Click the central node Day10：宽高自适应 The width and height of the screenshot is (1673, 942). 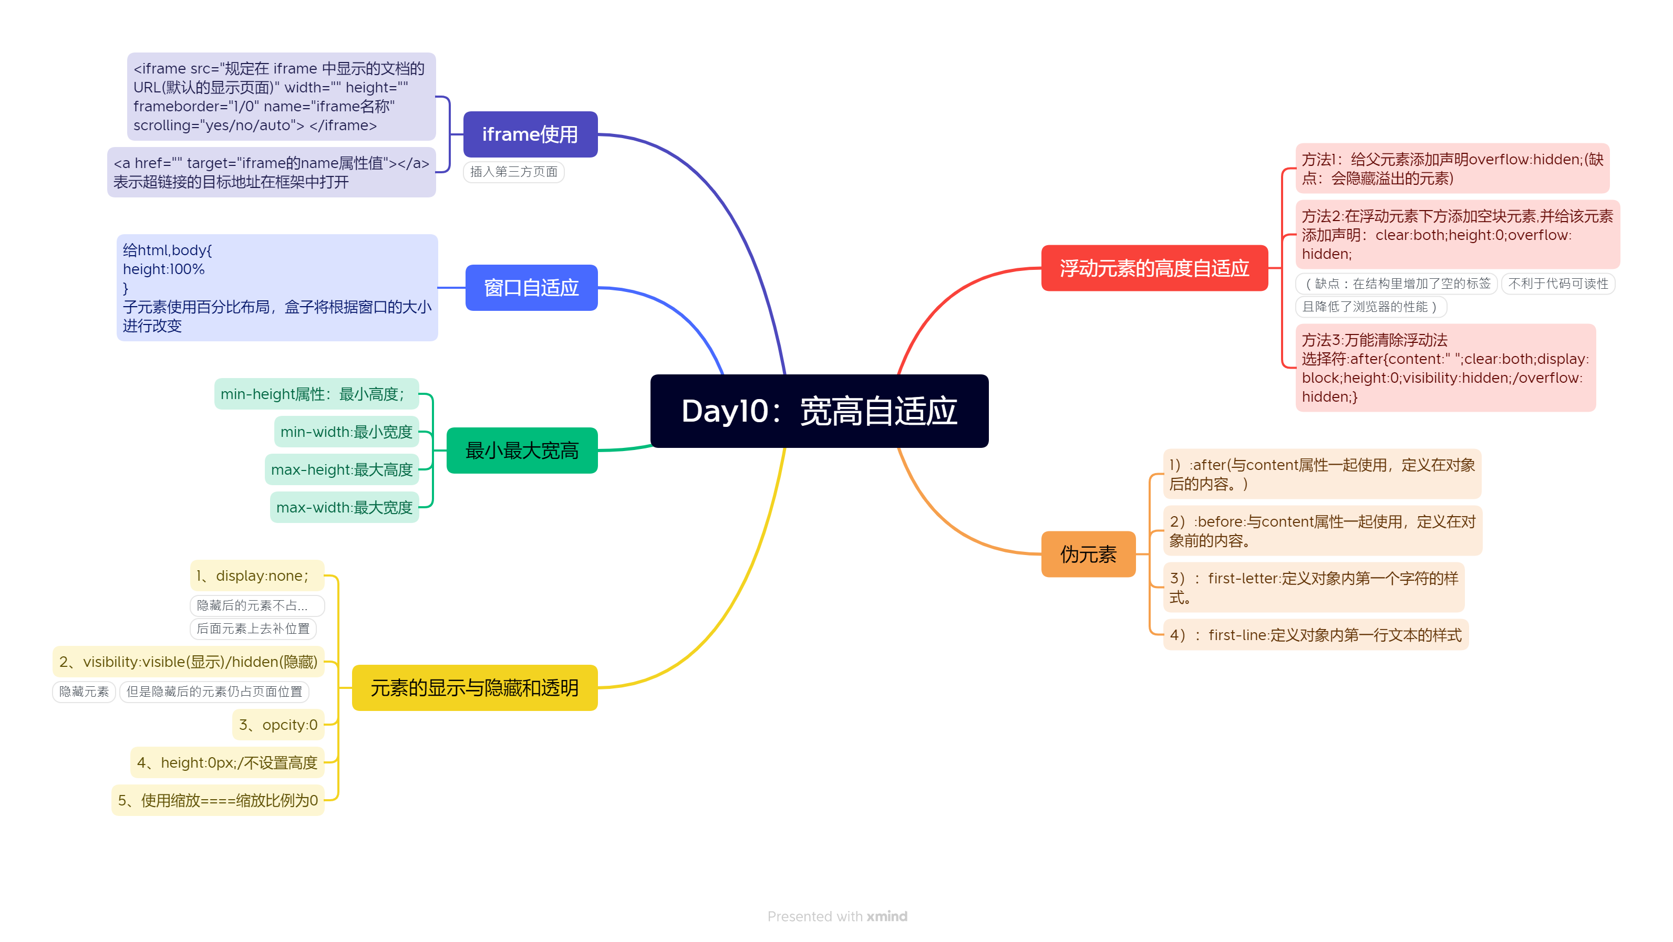pos(819,411)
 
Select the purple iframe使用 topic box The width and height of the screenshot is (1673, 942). pos(530,134)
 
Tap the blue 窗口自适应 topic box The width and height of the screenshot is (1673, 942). pos(531,288)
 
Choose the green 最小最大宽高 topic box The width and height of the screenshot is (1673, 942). pos(522,451)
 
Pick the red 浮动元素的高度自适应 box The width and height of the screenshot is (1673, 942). pos(1154,268)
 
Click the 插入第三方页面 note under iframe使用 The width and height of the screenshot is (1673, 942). pos(514,172)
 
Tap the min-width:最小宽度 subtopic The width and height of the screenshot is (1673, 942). pos(346,432)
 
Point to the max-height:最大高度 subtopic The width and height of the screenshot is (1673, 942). pos(342,470)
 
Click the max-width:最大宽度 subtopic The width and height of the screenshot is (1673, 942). pos(344,508)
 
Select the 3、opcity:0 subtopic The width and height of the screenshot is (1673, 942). pos(278,725)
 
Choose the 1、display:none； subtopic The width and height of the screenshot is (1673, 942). pos(257,576)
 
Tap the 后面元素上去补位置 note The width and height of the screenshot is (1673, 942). pos(253,629)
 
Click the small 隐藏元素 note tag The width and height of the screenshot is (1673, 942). pos(84,692)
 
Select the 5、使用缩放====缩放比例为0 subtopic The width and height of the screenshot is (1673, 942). pos(218,800)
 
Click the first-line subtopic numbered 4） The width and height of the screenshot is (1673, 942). pos(1315,635)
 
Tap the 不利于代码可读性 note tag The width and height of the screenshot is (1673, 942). pos(1557,284)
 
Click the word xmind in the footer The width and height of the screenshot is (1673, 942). pos(886,916)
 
